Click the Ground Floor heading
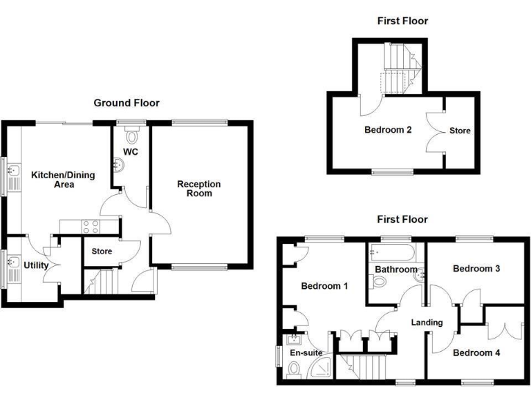pos(127,103)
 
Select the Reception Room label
pos(198,189)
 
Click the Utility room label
pos(35,265)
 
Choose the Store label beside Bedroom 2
pos(460,130)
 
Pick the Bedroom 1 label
pos(324,286)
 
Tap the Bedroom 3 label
pos(475,268)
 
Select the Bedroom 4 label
pos(475,352)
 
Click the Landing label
pos(427,322)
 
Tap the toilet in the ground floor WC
pos(133,129)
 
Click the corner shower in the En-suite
pos(322,370)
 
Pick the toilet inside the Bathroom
pos(379,282)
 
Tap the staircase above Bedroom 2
pos(399,69)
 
